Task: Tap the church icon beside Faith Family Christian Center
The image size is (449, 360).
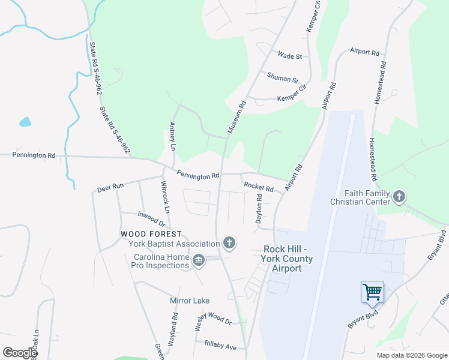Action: point(399,196)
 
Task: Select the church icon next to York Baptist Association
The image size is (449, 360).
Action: point(229,243)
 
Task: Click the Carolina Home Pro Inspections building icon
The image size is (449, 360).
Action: point(199,260)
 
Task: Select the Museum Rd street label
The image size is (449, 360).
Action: point(237,116)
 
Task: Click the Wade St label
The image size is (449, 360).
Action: point(289,56)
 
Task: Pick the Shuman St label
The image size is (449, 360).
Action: point(283,79)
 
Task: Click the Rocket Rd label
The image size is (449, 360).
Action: point(259,187)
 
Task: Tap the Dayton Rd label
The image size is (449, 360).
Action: point(259,209)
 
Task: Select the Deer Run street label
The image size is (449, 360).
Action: point(110,187)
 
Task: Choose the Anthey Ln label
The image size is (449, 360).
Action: point(172,136)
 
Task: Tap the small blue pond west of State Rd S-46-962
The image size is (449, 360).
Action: point(25,122)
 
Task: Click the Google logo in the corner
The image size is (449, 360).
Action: point(20,353)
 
